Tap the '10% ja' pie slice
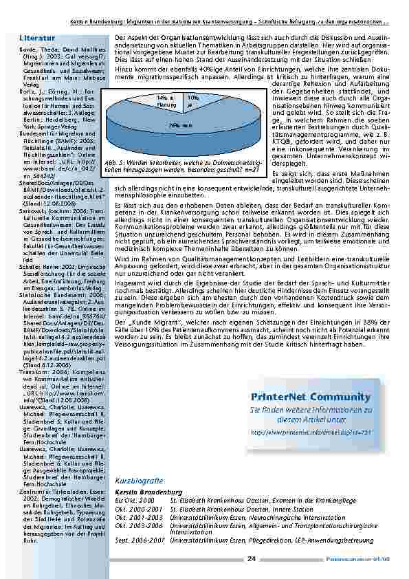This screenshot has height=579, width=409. pyautogui.click(x=192, y=101)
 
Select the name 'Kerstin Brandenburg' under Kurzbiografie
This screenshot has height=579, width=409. pyautogui.click(x=149, y=492)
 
